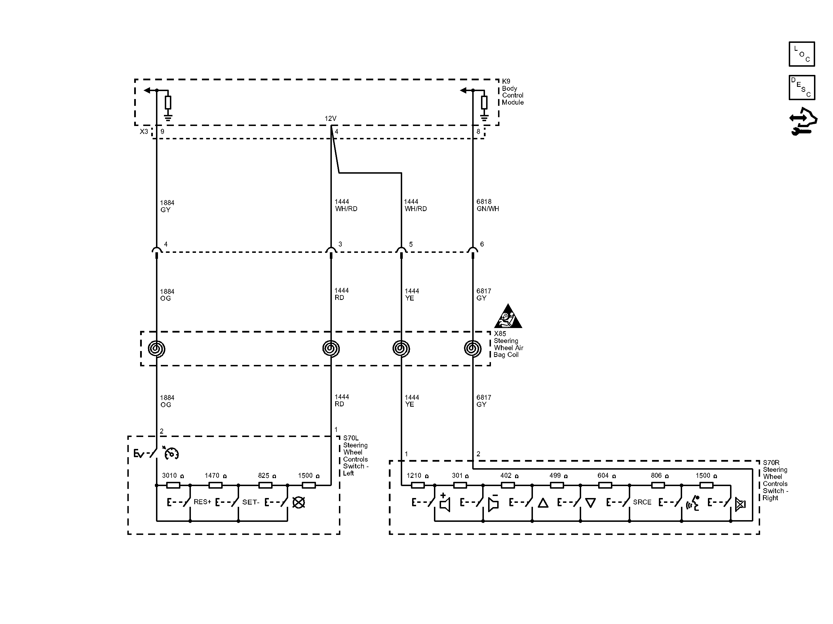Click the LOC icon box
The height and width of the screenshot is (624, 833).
tap(802, 54)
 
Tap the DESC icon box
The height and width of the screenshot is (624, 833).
tap(802, 87)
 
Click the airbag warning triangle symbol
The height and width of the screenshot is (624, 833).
tap(508, 316)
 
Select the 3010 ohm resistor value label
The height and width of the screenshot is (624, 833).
tap(173, 476)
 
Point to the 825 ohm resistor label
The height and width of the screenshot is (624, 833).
tap(267, 476)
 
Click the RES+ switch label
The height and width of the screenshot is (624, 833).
tap(202, 502)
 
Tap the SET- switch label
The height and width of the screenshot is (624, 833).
tap(251, 502)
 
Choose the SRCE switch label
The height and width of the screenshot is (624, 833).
tap(642, 502)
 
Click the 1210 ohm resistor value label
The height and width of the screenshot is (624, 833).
tap(417, 476)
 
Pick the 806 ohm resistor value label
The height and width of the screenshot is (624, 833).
tap(660, 476)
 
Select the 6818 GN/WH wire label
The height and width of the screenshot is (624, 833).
tap(488, 205)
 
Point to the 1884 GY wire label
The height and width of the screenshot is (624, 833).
tap(167, 206)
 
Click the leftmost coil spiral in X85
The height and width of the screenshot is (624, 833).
tap(156, 348)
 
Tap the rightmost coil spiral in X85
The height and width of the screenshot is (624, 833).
tap(473, 348)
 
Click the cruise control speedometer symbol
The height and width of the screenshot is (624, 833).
tap(171, 453)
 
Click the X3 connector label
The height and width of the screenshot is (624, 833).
tap(144, 131)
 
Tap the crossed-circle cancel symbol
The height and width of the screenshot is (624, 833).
tap(299, 502)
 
